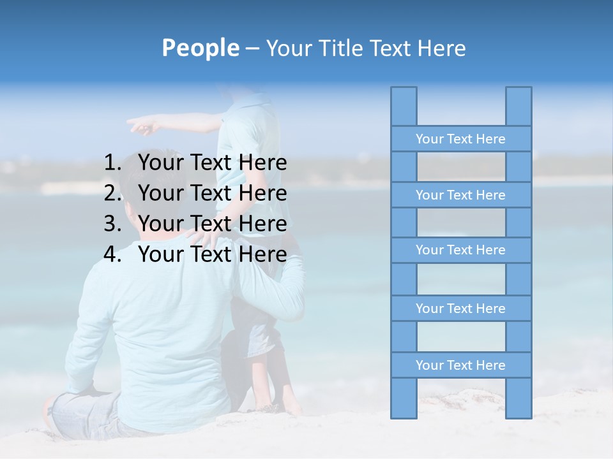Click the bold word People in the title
point(200,48)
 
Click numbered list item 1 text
point(212,163)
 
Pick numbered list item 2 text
point(212,193)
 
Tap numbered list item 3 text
point(212,224)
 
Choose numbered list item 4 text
point(212,254)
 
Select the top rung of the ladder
point(460,139)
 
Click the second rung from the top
point(460,195)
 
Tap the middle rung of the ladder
point(460,250)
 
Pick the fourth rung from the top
point(460,309)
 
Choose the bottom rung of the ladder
point(460,365)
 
